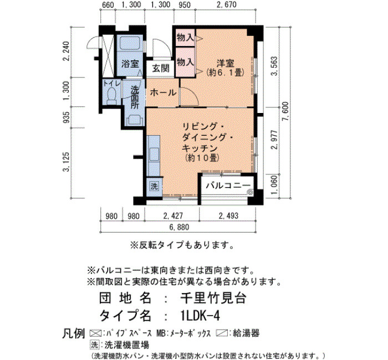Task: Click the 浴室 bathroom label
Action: (130, 64)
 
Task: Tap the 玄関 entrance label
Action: (161, 68)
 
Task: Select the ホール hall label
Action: (163, 92)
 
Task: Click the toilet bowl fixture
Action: (112, 96)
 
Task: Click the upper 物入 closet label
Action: (185, 38)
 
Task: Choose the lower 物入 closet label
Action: (185, 62)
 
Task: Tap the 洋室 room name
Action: (225, 63)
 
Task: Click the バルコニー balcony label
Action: (228, 185)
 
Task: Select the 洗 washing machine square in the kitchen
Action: (155, 186)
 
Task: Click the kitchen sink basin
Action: (154, 154)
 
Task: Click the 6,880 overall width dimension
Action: (180, 227)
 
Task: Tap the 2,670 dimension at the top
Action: (226, 4)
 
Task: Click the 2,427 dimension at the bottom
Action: (173, 216)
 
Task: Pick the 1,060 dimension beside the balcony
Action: (275, 185)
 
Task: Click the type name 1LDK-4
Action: (201, 316)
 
